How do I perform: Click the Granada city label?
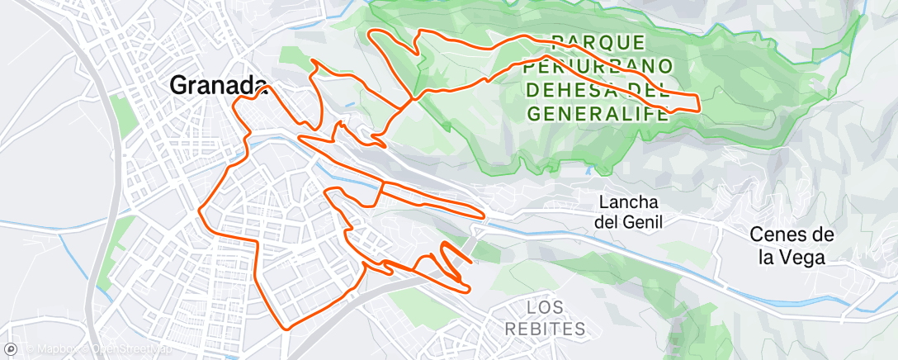(219, 84)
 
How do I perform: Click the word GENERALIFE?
(598, 113)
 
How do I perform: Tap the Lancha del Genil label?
(629, 212)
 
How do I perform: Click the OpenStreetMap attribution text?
(107, 349)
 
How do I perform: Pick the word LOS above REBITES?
(546, 307)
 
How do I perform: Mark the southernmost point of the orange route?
(288, 329)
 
